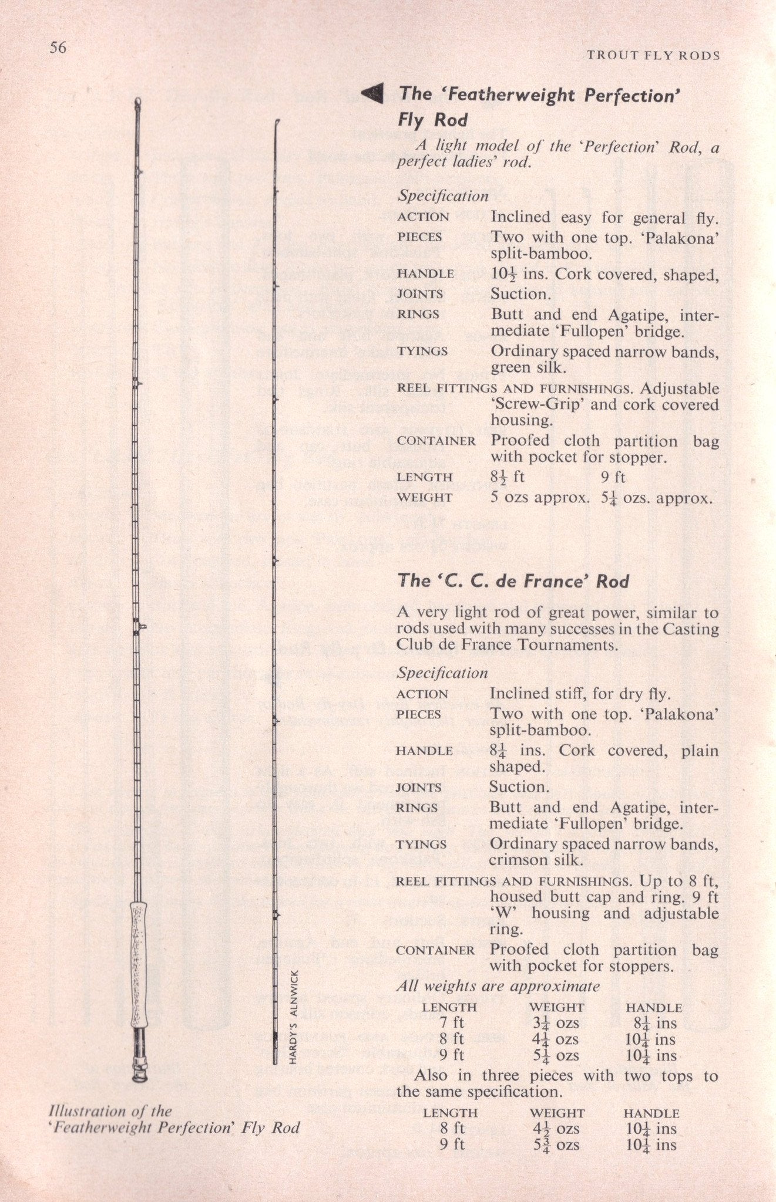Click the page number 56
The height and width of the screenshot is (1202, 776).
click(x=58, y=48)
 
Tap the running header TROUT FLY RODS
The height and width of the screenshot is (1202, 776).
click(x=653, y=56)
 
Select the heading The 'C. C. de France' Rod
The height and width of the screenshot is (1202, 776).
click(x=513, y=582)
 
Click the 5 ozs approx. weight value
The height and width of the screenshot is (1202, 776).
click(x=539, y=498)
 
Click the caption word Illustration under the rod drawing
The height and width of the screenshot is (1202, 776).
click(x=88, y=1111)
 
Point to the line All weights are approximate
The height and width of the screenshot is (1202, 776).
click(x=498, y=987)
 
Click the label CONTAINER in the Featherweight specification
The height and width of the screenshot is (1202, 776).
click(x=436, y=441)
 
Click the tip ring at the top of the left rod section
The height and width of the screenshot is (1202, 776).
click(x=138, y=103)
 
